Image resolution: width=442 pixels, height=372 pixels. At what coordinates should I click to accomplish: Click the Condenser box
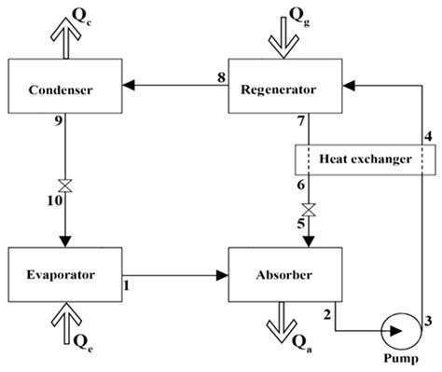pos(63,90)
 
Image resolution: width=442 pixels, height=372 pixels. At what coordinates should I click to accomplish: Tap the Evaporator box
pos(63,274)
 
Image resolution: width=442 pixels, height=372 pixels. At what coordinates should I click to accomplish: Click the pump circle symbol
pos(400,329)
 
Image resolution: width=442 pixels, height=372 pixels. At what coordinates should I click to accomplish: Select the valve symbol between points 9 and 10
pos(65,182)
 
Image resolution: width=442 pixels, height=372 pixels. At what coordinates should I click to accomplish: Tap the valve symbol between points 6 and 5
pos(310,209)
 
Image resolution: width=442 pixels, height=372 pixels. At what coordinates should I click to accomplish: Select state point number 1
pos(128,285)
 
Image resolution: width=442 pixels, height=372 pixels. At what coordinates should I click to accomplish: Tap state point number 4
pos(428,138)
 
